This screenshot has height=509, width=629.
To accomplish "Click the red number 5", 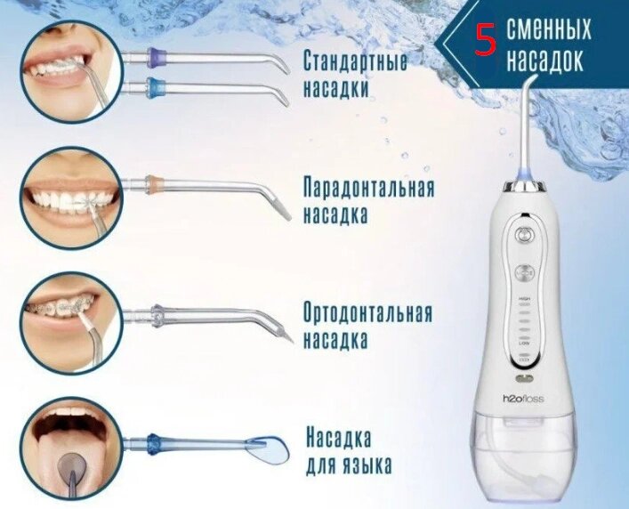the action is click(x=486, y=40).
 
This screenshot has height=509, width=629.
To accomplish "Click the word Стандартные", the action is click(x=355, y=61).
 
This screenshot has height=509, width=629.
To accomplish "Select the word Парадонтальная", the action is click(x=368, y=187).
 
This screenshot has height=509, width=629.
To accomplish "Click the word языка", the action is click(x=364, y=466).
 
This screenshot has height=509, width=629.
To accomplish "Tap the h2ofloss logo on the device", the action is click(x=524, y=399).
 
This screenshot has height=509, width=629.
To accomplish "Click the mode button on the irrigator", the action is click(x=524, y=273).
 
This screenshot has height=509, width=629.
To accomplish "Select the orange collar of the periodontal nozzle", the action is click(x=154, y=183).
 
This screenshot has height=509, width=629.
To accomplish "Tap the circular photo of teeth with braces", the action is click(x=71, y=323).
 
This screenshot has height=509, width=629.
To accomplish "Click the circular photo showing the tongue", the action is click(x=71, y=448).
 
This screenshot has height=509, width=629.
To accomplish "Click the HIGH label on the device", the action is click(x=524, y=299).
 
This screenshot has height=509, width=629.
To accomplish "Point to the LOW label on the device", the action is click(x=524, y=343).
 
